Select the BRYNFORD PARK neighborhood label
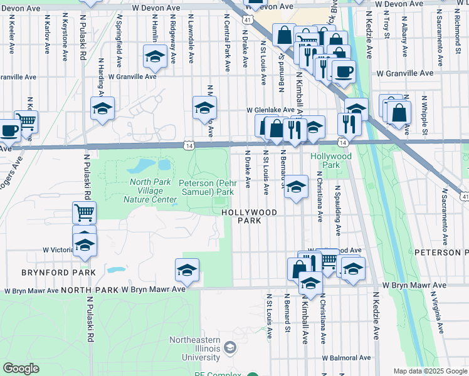[59, 273]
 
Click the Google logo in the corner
[21, 368]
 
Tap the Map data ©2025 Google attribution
[430, 371]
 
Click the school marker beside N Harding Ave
[102, 108]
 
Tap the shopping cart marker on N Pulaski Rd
[84, 213]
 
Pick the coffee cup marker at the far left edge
[9, 130]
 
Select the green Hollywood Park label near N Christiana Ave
[324, 160]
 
